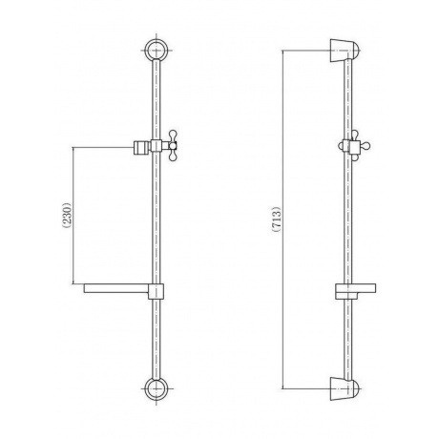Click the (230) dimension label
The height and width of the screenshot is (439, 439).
click(68, 215)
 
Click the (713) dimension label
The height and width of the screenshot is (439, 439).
click(277, 219)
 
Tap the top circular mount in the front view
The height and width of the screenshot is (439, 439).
click(156, 51)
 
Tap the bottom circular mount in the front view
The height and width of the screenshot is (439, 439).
click(156, 388)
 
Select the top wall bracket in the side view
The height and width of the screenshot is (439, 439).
click(345, 51)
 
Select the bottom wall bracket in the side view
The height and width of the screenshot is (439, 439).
click(345, 388)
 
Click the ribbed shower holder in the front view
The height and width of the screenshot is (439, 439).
click(141, 147)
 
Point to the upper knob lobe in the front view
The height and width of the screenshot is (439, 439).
click(173, 135)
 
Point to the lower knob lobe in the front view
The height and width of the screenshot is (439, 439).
click(173, 157)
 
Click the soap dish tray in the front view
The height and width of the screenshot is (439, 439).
click(116, 288)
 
